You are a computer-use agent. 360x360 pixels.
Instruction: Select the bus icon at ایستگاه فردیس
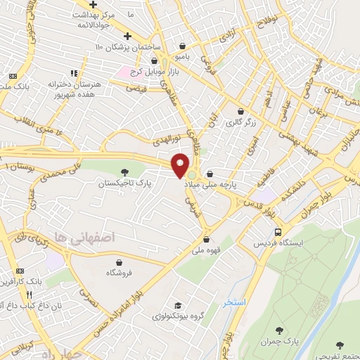278,231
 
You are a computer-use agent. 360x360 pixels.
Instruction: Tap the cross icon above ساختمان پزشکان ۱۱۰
127,37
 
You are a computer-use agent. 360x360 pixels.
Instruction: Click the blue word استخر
233,302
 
